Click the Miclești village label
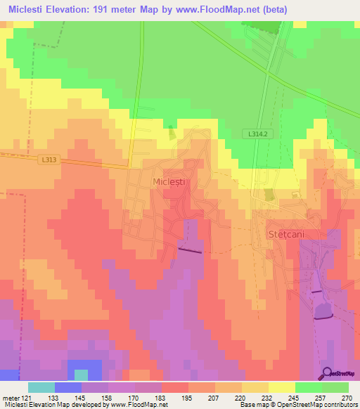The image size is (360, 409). [168, 181]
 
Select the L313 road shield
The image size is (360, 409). [49, 160]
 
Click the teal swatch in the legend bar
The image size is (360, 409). [41, 387]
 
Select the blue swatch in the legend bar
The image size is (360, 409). [68, 387]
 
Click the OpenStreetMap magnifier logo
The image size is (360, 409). [328, 372]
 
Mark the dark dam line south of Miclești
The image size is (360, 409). [189, 249]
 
